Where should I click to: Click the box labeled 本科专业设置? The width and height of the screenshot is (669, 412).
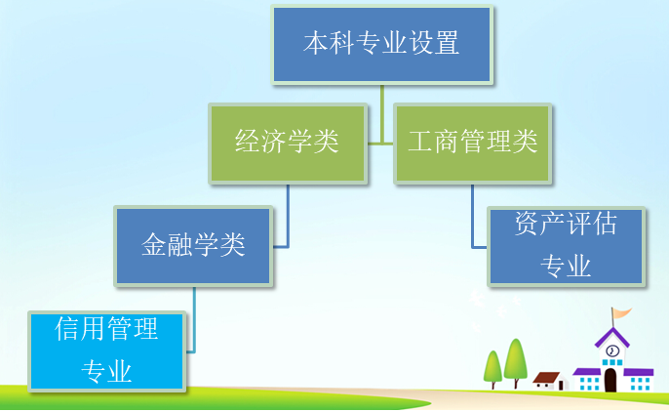point(382,44)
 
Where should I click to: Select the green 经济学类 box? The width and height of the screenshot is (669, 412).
point(288,144)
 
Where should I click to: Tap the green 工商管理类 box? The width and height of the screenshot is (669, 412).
point(472,144)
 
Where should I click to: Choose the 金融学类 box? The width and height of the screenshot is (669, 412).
point(193,246)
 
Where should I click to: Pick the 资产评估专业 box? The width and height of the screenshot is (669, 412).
point(566,246)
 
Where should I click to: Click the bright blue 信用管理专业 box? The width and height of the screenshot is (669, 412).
point(106,351)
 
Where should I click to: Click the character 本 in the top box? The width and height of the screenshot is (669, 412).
point(316,42)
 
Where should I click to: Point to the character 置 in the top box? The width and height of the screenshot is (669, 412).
point(447,42)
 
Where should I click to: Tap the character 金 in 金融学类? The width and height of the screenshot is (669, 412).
point(154,244)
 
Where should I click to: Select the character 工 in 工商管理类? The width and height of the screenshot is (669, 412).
point(420,141)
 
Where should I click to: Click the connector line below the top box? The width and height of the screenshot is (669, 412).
point(382,114)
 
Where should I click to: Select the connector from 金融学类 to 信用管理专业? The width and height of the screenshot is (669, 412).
point(194,319)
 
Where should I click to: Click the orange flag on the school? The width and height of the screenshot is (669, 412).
point(622,313)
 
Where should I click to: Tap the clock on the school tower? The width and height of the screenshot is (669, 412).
point(612,350)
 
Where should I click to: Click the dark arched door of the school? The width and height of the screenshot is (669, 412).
point(610,380)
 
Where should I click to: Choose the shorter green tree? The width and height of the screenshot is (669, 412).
point(492,366)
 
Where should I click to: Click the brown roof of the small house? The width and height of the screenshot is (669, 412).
point(546,377)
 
